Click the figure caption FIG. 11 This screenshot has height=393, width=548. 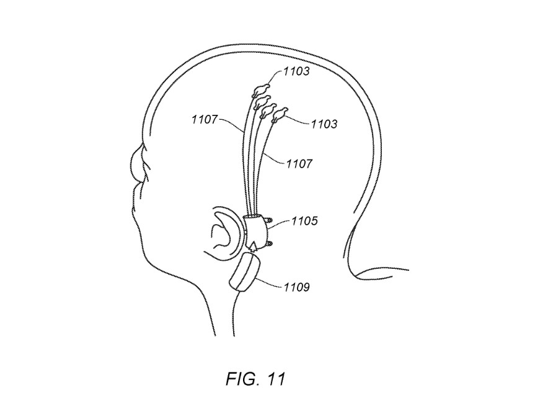(x=255, y=379)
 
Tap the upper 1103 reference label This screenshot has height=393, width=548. (x=296, y=71)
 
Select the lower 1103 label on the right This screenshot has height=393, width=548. (x=324, y=124)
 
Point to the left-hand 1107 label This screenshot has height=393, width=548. (x=205, y=120)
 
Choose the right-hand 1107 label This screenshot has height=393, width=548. (x=299, y=164)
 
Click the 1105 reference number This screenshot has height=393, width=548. (x=304, y=221)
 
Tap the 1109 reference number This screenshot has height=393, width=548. (x=296, y=287)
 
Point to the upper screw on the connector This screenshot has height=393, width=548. (x=269, y=221)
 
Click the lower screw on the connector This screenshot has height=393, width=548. (x=269, y=243)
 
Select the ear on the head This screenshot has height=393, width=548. (x=226, y=233)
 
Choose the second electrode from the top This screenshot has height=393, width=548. (x=263, y=100)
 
